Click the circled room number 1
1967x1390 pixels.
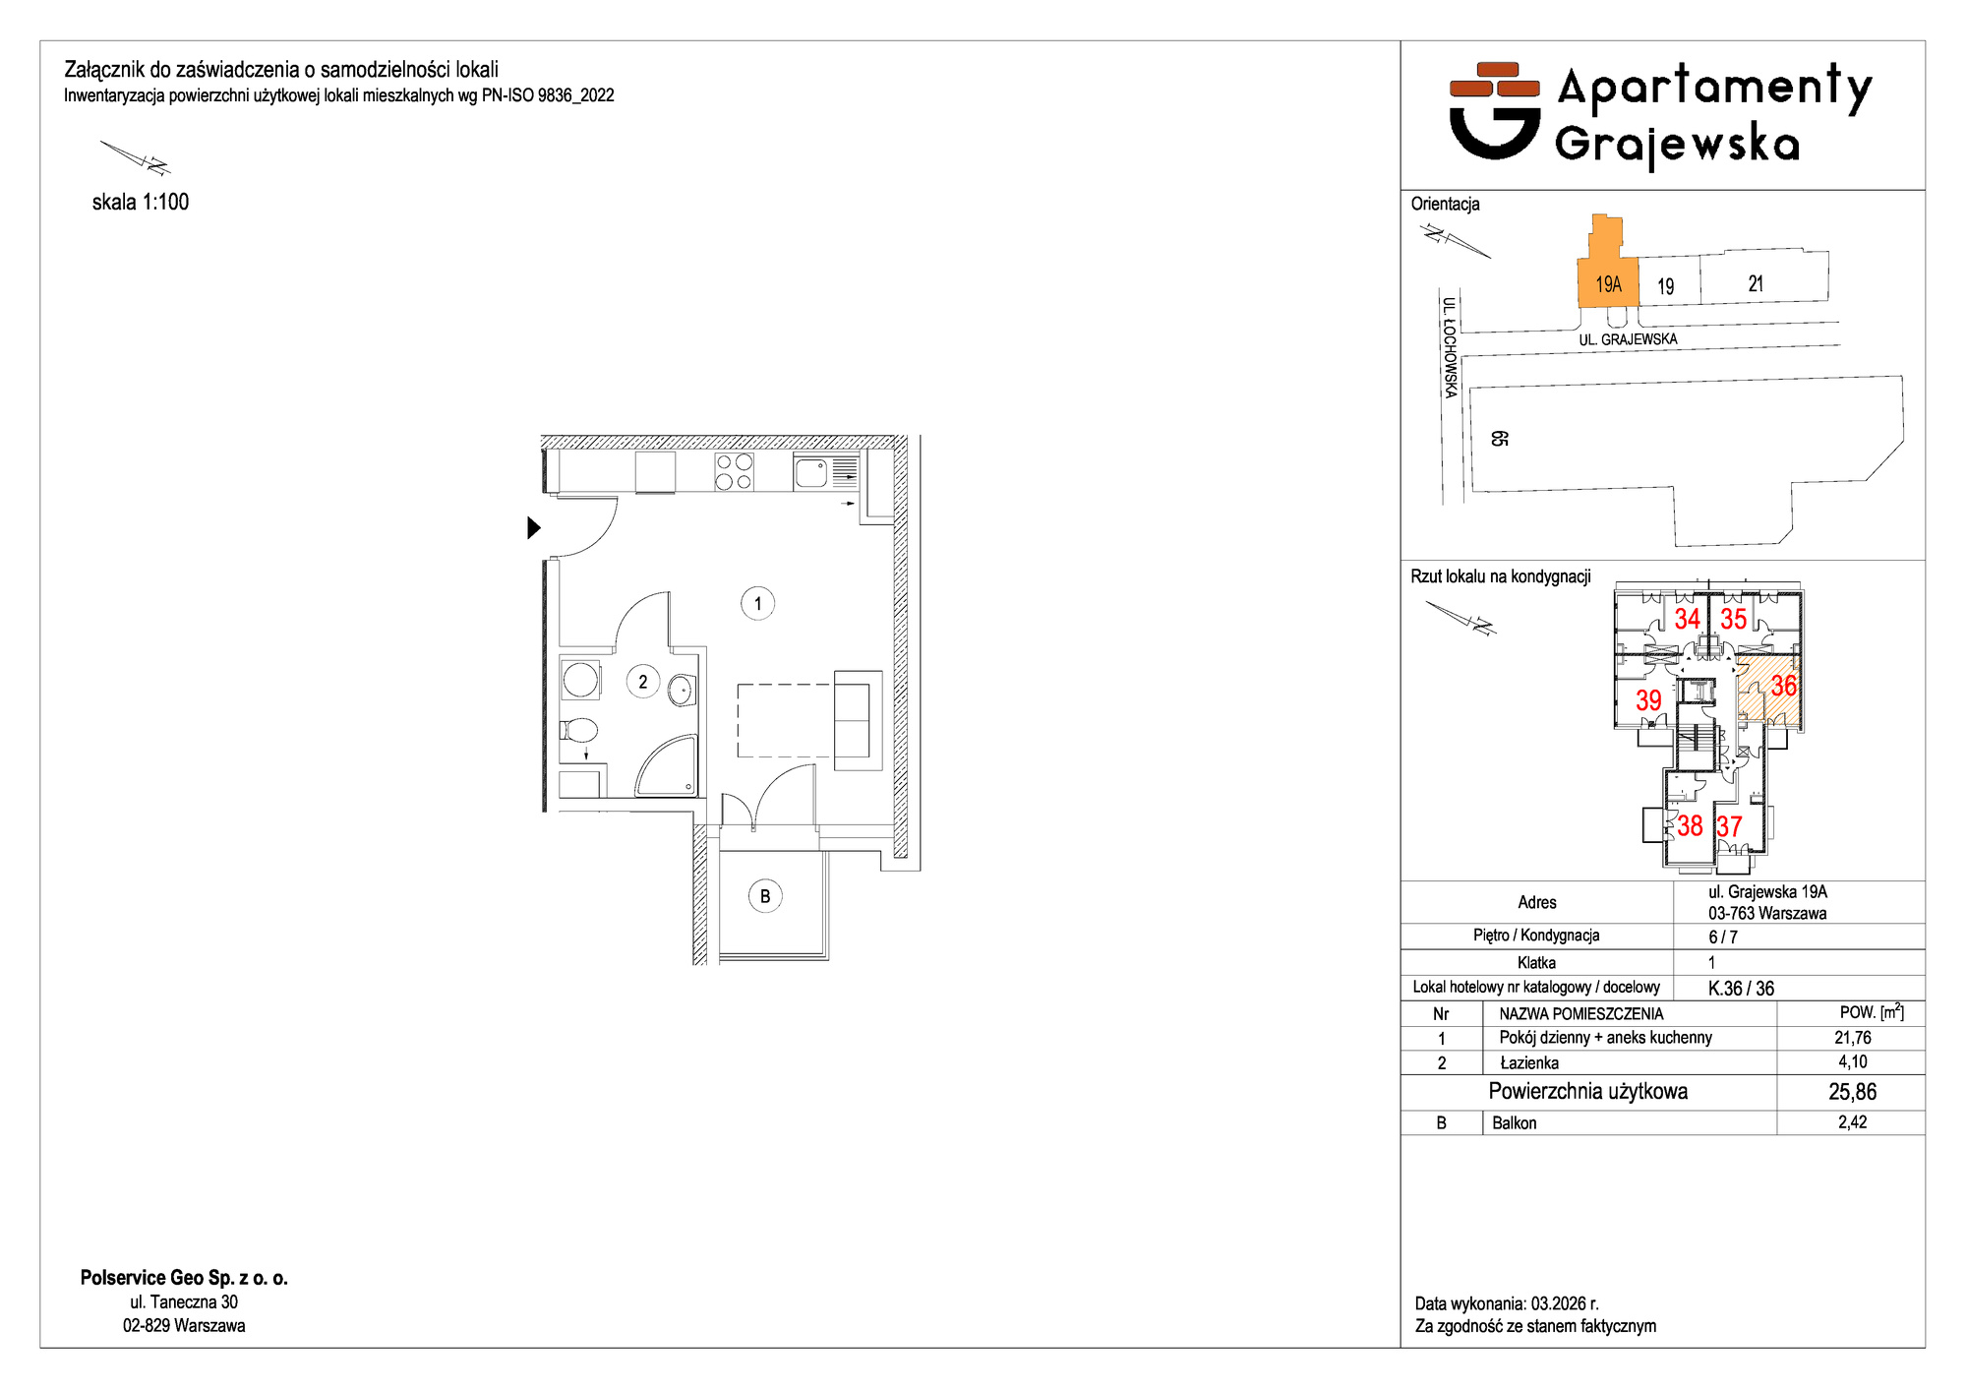coord(757,603)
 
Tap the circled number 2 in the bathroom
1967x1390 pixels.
coord(643,682)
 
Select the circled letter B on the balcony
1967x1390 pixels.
coord(765,896)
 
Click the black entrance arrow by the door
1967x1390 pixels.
coord(534,527)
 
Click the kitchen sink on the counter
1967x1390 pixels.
coord(811,473)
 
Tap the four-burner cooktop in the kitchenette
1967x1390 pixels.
coord(734,472)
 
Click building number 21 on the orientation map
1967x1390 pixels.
coord(1756,283)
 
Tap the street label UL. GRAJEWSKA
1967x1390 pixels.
coord(1628,339)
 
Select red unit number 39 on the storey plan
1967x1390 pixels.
coord(1648,700)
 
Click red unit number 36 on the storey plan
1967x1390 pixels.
coord(1783,686)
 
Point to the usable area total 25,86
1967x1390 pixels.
coord(1852,1092)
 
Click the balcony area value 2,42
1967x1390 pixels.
coord(1852,1122)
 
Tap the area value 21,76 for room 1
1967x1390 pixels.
coord(1852,1038)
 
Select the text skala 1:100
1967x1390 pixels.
coord(141,202)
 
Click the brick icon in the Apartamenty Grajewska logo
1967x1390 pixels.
coord(1495,80)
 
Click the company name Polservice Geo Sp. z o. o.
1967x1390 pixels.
coord(184,1278)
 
